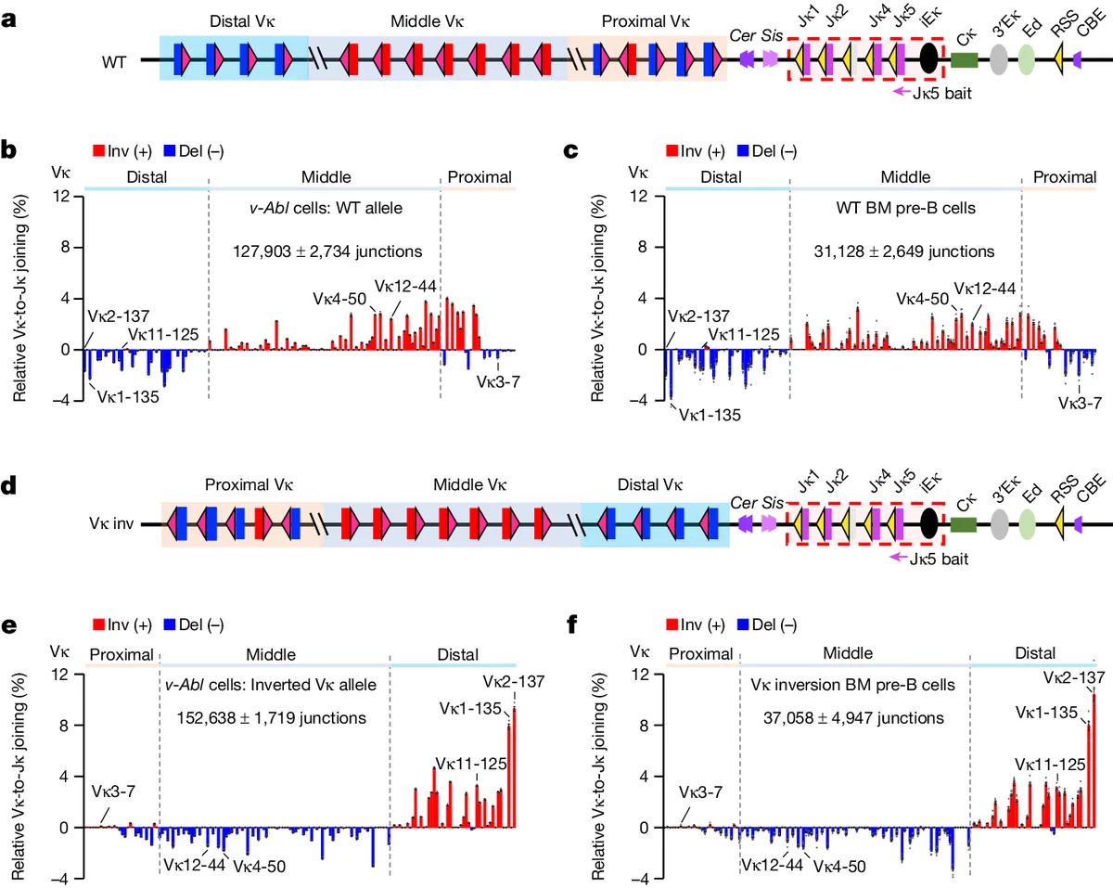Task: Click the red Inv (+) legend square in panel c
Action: click(672, 150)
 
